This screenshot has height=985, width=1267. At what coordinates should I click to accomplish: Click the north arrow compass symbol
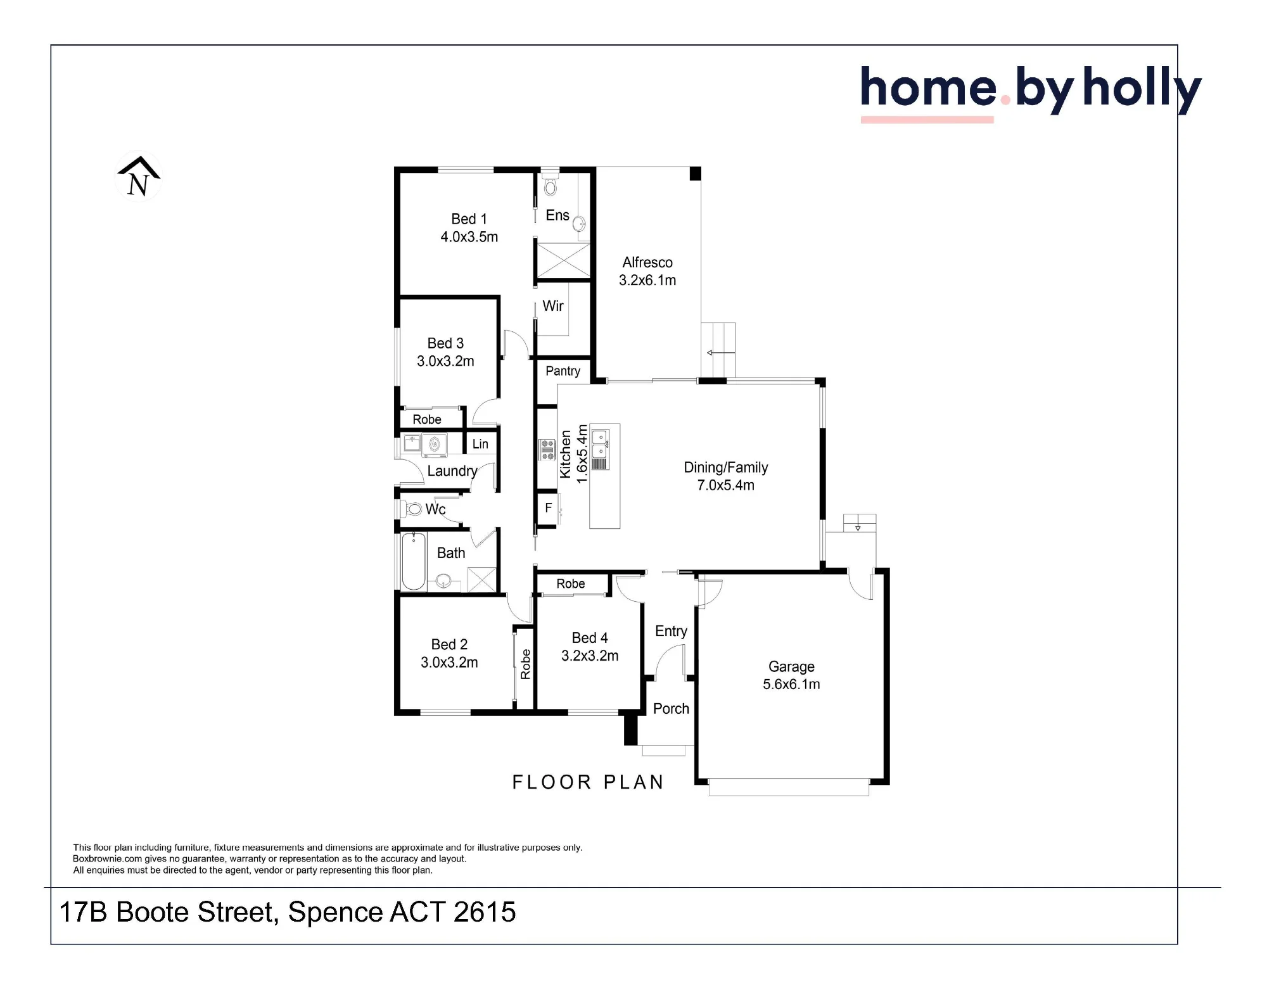(x=139, y=177)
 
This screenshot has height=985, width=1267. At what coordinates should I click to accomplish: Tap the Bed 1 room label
(x=469, y=219)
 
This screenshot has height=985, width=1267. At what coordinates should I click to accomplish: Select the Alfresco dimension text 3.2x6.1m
(x=647, y=280)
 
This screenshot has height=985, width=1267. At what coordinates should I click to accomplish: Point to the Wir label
(x=553, y=306)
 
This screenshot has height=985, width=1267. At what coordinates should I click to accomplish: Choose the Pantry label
(x=563, y=371)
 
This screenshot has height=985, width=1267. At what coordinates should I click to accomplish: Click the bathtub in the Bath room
(x=414, y=561)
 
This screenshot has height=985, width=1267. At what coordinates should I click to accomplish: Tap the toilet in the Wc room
(x=412, y=508)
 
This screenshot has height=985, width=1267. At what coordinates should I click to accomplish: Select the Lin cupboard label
(x=480, y=444)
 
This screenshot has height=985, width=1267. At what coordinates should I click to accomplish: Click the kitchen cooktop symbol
(x=547, y=449)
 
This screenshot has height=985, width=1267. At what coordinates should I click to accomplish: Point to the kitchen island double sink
(x=600, y=443)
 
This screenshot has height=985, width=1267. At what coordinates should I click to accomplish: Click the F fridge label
(x=549, y=508)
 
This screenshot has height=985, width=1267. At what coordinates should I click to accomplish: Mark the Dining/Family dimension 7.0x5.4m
(x=726, y=485)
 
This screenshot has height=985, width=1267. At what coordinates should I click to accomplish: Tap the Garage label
(x=791, y=666)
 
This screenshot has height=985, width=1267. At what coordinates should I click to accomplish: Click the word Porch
(x=671, y=709)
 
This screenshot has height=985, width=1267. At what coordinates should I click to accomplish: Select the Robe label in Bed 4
(x=571, y=584)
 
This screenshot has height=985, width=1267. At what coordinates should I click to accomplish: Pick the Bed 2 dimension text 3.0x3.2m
(x=449, y=663)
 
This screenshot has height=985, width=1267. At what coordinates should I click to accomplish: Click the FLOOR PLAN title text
(x=588, y=782)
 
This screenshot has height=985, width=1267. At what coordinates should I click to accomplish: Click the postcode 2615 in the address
(x=485, y=912)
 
